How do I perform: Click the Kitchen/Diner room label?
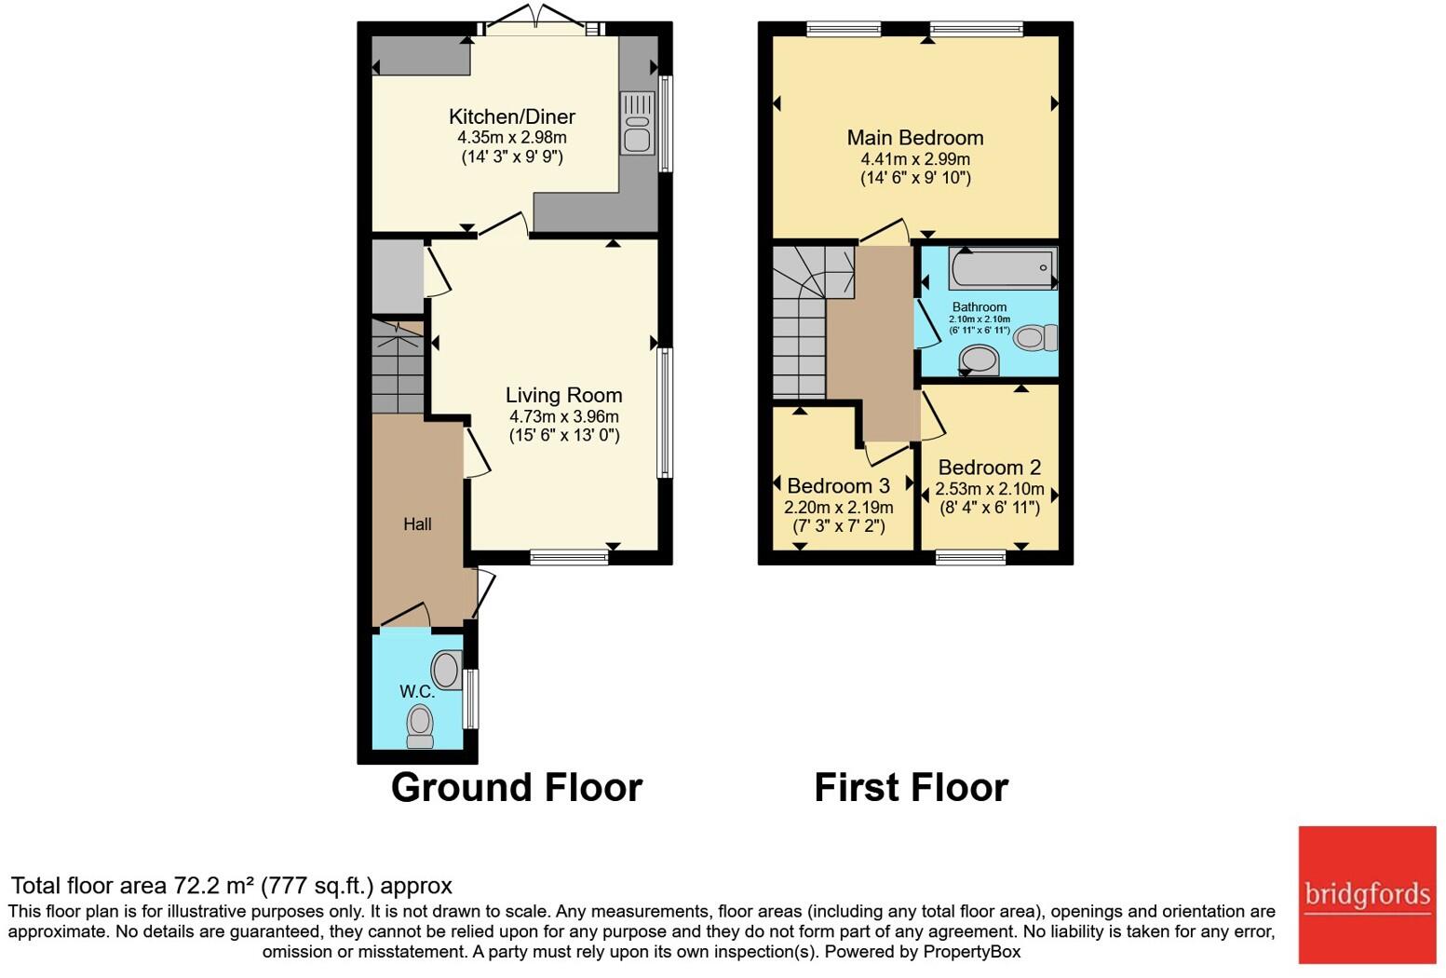(x=512, y=117)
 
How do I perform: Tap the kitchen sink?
(x=637, y=123)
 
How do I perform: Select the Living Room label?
(x=563, y=395)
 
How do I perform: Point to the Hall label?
(x=418, y=524)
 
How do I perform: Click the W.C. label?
(x=417, y=692)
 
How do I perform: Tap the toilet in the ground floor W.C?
(x=420, y=727)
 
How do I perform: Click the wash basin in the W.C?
(x=447, y=669)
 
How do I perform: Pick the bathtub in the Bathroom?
(x=1003, y=268)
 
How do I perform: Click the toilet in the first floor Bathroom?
(x=1035, y=337)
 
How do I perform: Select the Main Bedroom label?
(x=915, y=138)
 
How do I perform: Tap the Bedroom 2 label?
(x=990, y=467)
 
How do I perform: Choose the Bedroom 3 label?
(x=839, y=485)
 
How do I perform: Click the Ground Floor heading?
(x=517, y=788)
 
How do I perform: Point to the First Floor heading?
(x=912, y=787)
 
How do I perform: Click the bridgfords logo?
(x=1367, y=895)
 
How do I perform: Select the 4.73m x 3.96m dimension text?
(x=564, y=416)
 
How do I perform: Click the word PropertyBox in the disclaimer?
(x=972, y=952)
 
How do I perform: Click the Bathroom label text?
(x=980, y=306)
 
